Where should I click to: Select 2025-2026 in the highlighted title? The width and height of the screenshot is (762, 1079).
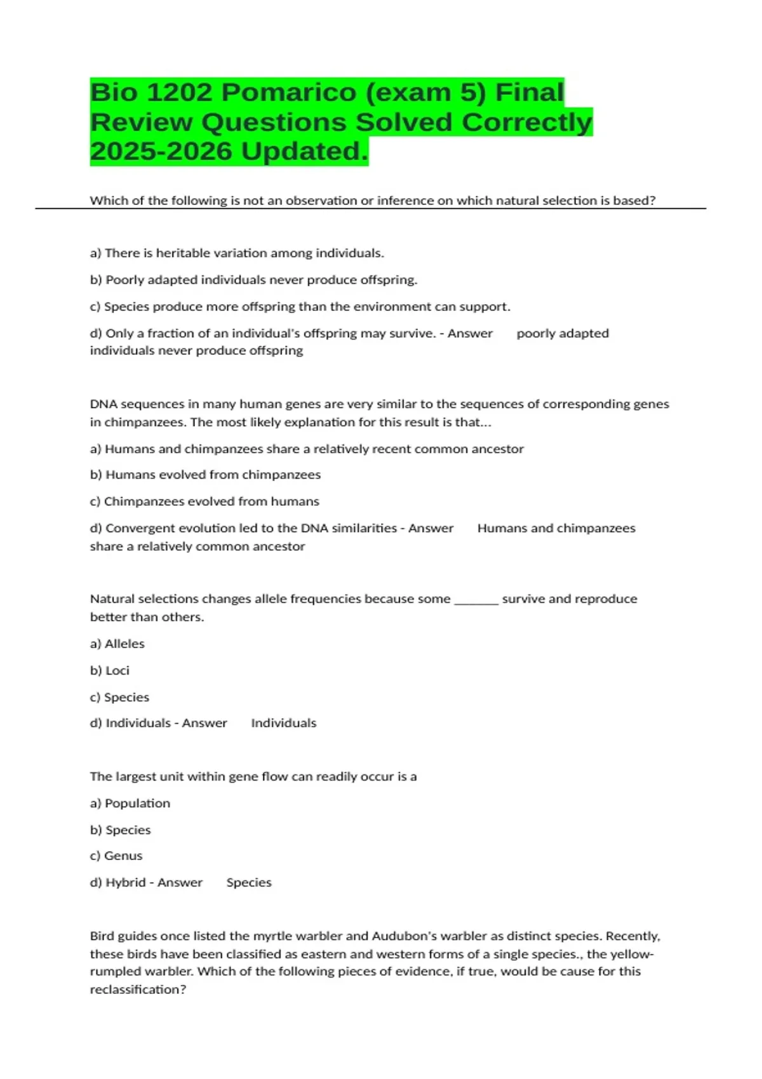tap(161, 152)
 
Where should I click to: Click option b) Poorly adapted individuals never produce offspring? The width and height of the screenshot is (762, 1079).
tap(253, 280)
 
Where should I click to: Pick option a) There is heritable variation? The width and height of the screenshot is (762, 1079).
tap(237, 253)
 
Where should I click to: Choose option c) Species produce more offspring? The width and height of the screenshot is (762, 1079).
tap(300, 307)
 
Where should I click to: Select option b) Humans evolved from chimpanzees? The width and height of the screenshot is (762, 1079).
tap(205, 475)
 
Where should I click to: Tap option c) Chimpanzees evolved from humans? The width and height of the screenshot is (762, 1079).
tap(204, 501)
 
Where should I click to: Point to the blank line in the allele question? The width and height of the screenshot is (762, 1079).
tap(476, 600)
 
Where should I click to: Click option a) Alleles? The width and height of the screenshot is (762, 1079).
tap(117, 644)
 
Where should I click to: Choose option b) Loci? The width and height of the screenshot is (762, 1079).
tap(110, 670)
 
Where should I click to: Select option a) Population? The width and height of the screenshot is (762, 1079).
tap(130, 804)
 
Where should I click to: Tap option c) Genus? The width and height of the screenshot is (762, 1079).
tap(116, 856)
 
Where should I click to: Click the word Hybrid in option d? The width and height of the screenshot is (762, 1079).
tap(125, 883)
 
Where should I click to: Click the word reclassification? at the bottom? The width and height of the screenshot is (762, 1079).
tap(138, 990)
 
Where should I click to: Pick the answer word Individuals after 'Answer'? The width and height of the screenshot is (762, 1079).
tap(283, 723)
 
